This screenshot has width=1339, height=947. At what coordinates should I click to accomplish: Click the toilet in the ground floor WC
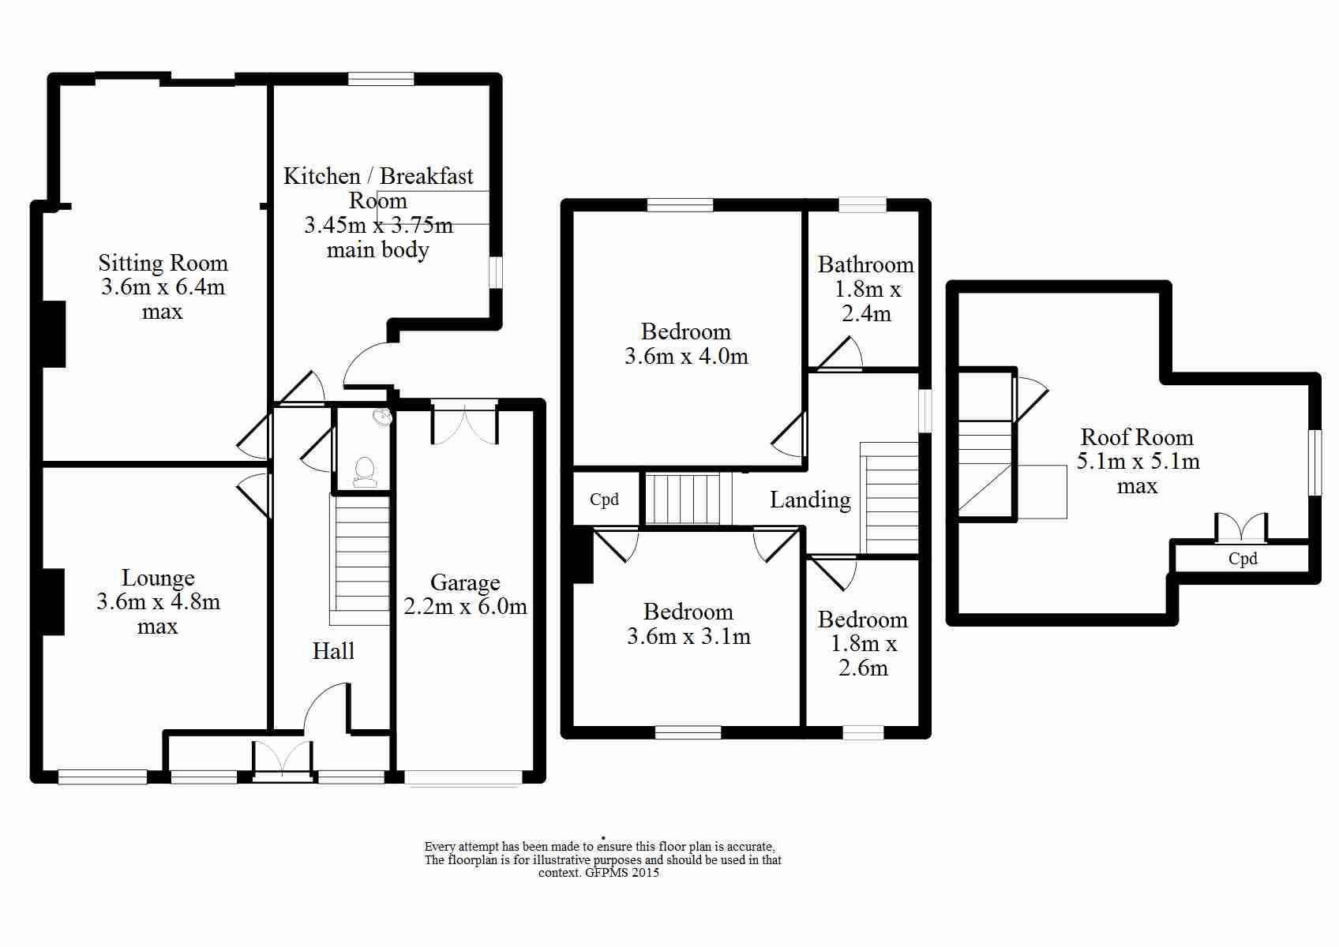click(364, 471)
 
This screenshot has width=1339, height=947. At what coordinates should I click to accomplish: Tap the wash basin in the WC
click(383, 416)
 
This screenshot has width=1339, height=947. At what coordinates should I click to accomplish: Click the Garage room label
click(465, 582)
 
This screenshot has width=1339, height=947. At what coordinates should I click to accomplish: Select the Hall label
click(333, 651)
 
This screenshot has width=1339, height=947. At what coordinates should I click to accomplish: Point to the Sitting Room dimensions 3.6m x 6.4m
click(163, 287)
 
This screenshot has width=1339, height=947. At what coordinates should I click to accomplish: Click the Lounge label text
click(158, 578)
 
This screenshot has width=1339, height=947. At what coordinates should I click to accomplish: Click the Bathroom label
click(865, 264)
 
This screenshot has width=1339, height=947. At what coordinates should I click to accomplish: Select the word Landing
click(810, 500)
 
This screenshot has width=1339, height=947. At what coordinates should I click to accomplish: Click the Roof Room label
click(1137, 437)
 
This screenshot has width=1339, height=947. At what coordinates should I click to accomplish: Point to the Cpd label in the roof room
click(1243, 559)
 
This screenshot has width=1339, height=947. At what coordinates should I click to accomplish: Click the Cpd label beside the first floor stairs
click(604, 500)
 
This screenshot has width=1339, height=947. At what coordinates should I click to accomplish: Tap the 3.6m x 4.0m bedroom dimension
click(686, 357)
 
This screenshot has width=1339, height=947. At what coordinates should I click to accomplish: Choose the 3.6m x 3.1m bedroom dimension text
click(688, 637)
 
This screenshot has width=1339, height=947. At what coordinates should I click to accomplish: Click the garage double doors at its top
click(464, 425)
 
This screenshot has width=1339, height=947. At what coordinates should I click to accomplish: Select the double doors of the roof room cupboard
click(1241, 527)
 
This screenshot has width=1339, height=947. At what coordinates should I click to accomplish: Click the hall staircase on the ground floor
click(360, 559)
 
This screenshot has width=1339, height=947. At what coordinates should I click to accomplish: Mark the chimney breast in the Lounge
click(53, 602)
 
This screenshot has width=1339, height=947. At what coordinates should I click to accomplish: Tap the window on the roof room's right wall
click(1315, 462)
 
